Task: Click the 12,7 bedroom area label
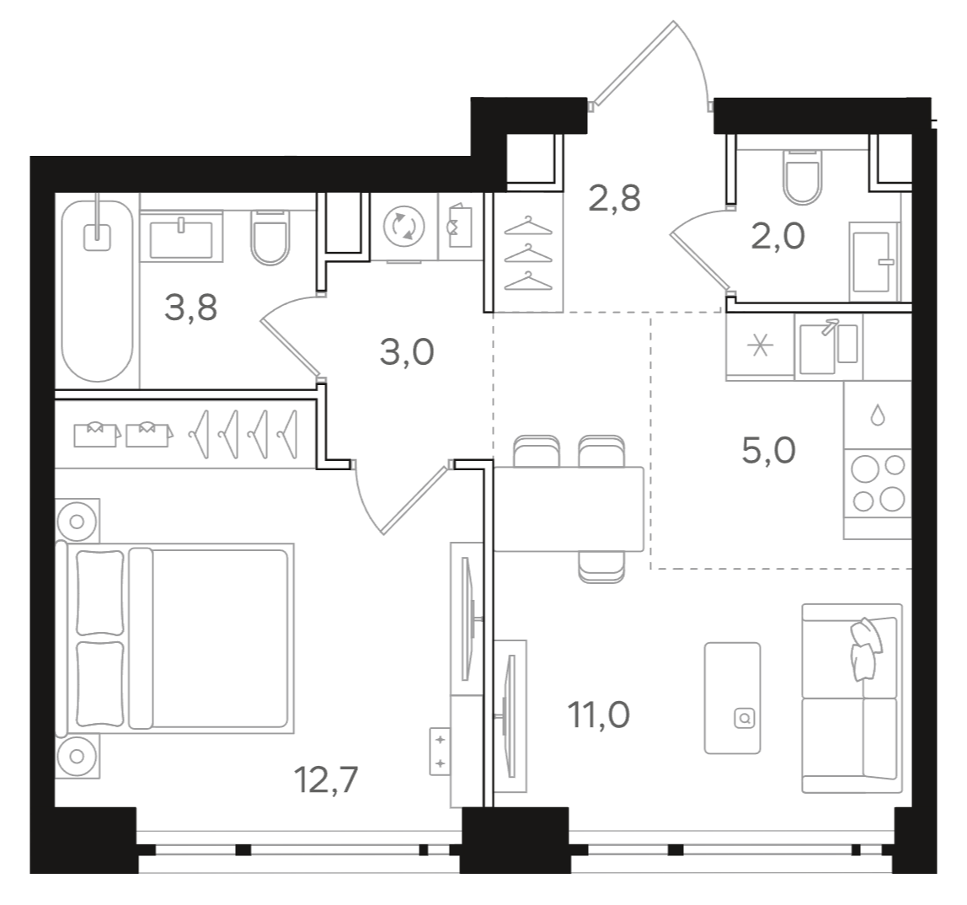(327, 779)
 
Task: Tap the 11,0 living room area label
(599, 716)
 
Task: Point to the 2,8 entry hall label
(615, 199)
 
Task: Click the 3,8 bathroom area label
(191, 308)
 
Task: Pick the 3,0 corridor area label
(407, 351)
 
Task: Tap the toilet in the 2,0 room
(801, 176)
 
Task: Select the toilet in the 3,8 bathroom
(270, 237)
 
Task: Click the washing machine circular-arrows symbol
(404, 226)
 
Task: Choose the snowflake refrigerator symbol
(759, 347)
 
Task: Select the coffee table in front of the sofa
(732, 697)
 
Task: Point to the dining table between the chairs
(569, 510)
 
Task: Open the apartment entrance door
(649, 63)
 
